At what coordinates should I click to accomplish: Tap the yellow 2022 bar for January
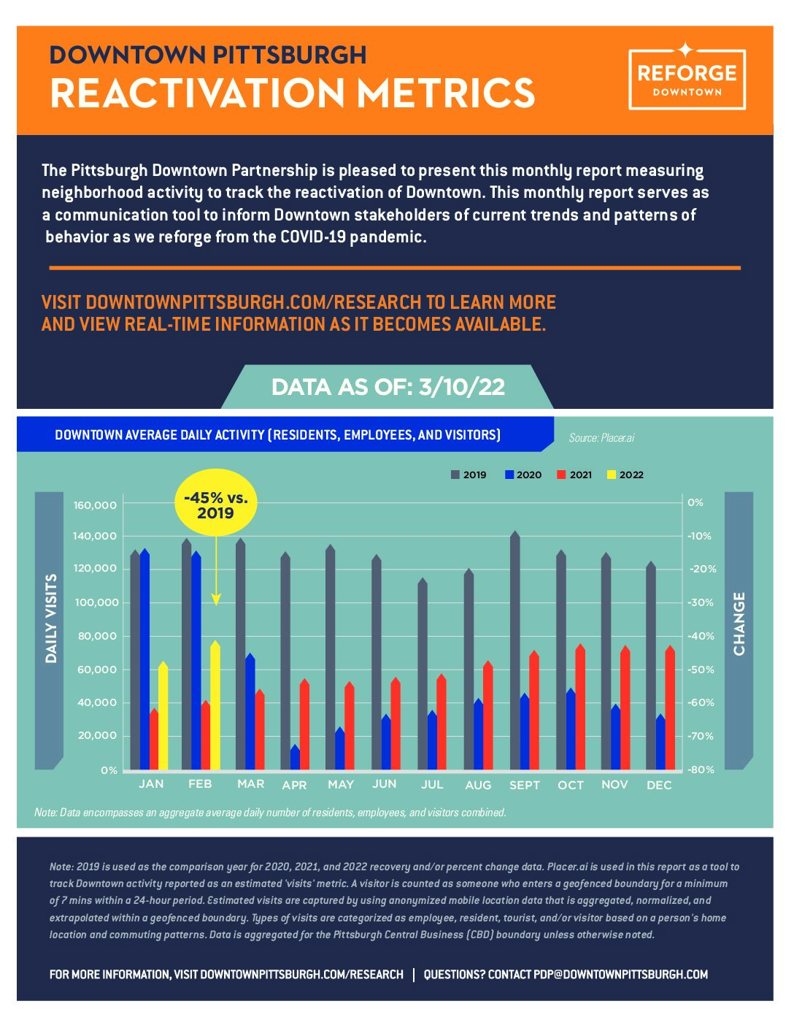(163, 716)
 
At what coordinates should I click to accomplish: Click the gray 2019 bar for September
(515, 651)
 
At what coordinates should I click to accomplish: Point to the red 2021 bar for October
(580, 707)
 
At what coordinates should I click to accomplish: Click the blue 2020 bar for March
(250, 712)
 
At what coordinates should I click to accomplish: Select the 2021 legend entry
(574, 475)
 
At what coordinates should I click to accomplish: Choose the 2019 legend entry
(469, 475)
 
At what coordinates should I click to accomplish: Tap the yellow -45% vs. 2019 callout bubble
(215, 502)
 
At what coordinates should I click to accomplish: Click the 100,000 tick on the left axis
(96, 602)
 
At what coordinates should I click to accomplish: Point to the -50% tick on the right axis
(701, 670)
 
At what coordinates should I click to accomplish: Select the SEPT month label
(525, 786)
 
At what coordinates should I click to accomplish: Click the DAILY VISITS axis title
(50, 619)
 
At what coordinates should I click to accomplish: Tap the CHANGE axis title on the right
(739, 624)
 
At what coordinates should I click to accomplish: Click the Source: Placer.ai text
(601, 438)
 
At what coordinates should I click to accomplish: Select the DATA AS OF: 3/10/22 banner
(388, 387)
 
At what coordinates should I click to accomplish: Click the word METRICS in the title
(446, 92)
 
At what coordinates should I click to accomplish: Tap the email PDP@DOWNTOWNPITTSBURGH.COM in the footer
(620, 975)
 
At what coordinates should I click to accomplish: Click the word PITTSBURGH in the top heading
(290, 55)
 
